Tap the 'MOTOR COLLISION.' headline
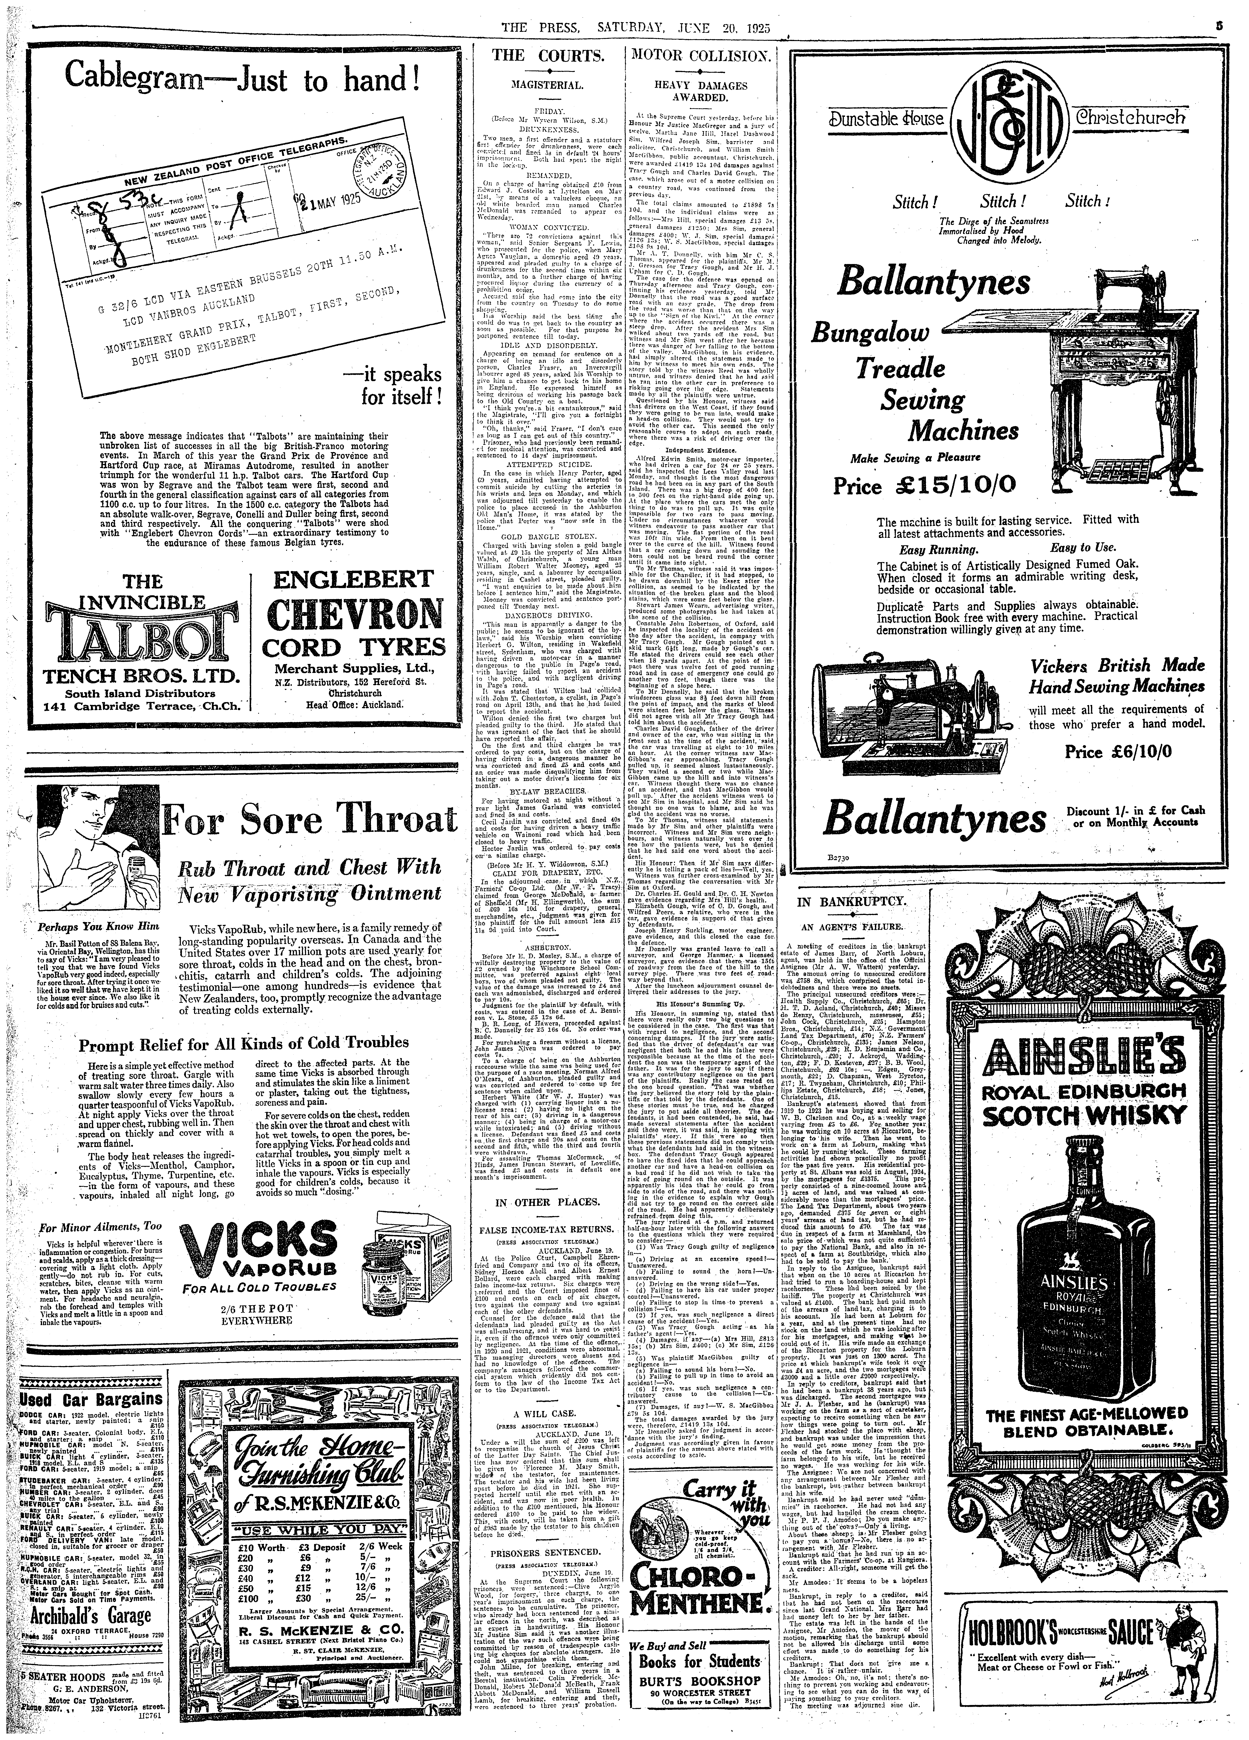[x=700, y=55]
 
